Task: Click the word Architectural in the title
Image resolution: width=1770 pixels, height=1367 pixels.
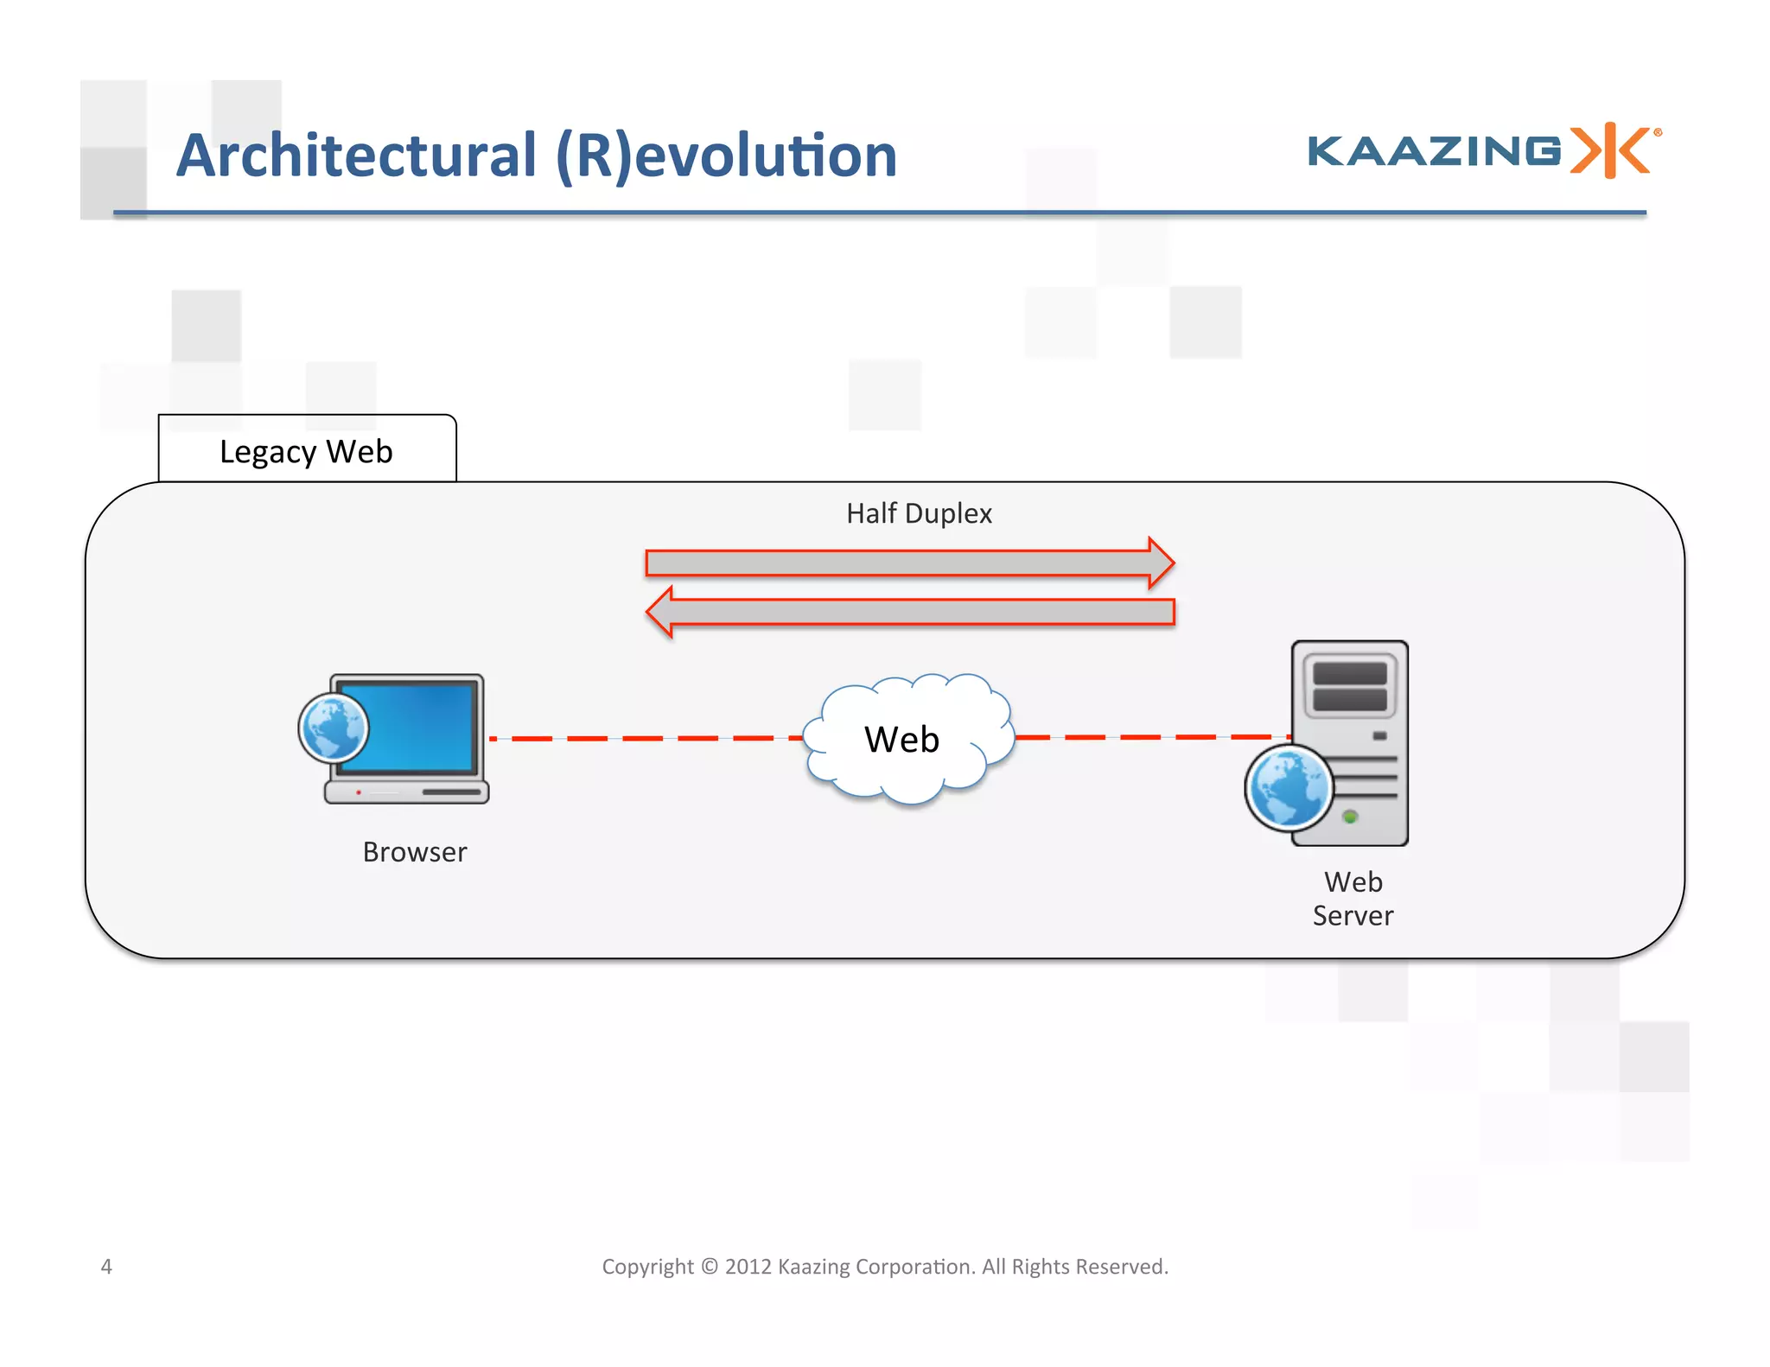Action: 357,156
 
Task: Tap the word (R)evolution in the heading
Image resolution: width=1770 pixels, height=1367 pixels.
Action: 725,156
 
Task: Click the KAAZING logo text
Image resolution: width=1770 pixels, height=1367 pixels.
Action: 1434,151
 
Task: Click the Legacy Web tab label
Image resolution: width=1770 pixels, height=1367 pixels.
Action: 306,452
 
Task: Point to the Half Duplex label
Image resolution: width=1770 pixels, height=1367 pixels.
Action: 919,513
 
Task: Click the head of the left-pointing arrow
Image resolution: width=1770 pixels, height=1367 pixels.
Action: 661,613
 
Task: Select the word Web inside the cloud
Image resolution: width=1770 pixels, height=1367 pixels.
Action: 901,740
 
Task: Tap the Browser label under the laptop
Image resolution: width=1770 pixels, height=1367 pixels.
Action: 415,852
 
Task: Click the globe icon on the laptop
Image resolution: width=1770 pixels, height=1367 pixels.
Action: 334,728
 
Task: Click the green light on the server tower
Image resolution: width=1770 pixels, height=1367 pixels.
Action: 1350,817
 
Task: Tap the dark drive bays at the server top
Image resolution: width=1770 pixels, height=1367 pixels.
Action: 1349,687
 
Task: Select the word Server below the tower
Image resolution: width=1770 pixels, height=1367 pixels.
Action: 1353,916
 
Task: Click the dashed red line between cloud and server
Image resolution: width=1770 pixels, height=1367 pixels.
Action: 1149,737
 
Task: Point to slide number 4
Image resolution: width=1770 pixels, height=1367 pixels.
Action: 106,1267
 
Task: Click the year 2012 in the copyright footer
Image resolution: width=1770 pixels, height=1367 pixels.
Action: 748,1267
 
